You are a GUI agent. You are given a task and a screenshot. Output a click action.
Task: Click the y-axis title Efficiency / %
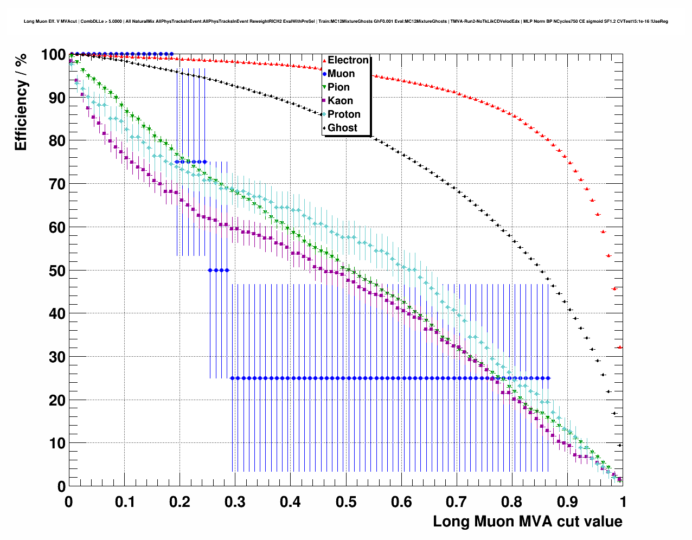click(21, 101)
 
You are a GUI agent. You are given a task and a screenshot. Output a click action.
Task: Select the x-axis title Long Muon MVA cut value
click(527, 522)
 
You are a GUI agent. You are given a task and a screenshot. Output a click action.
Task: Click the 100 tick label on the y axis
click(53, 55)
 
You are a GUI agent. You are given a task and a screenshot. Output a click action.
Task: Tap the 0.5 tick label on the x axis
click(345, 502)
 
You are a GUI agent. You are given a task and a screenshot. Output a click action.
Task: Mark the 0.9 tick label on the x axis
click(567, 502)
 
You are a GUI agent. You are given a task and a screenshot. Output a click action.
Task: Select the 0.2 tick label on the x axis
click(180, 502)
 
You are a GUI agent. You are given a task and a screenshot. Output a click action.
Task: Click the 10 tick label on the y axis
click(56, 443)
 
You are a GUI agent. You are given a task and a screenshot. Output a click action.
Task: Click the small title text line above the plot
click(345, 22)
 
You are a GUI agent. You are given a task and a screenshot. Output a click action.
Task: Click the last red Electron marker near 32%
click(620, 347)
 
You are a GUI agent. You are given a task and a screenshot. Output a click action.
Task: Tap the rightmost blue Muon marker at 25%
click(548, 378)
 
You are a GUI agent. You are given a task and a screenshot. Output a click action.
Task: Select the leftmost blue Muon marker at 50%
click(210, 270)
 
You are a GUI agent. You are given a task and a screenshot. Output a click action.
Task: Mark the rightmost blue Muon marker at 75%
click(205, 162)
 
